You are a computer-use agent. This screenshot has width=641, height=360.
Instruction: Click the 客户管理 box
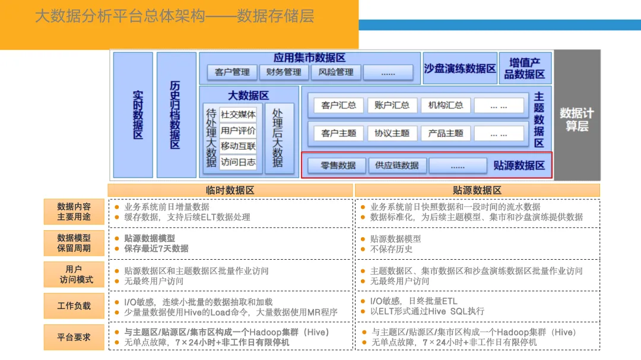pos(232,72)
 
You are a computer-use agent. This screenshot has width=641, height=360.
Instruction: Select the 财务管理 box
pos(284,72)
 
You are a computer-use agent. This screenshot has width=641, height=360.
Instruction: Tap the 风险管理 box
pos(336,72)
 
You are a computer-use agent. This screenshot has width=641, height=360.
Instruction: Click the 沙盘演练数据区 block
pos(460,68)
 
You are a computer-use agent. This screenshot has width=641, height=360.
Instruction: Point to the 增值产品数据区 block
pos(525,68)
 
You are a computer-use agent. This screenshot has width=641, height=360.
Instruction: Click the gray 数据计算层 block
pos(577,115)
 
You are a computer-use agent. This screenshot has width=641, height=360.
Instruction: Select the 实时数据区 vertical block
pos(133,115)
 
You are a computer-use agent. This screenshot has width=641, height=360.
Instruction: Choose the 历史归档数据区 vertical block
pos(176,115)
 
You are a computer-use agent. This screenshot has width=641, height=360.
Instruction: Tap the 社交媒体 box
pos(238,114)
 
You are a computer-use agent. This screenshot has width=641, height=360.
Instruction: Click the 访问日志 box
pos(238,162)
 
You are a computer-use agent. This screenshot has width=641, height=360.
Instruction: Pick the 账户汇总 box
pos(392,106)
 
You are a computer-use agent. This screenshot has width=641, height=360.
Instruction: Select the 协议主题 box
pos(392,133)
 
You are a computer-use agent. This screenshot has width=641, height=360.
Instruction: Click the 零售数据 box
pos(338,165)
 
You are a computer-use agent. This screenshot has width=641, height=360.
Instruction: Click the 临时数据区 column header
pos(230,190)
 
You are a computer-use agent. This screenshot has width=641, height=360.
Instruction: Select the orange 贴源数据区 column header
pos(477,190)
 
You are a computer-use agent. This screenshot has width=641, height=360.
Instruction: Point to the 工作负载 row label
pos(74,306)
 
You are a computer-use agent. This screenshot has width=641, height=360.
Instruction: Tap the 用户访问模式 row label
pos(74,275)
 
